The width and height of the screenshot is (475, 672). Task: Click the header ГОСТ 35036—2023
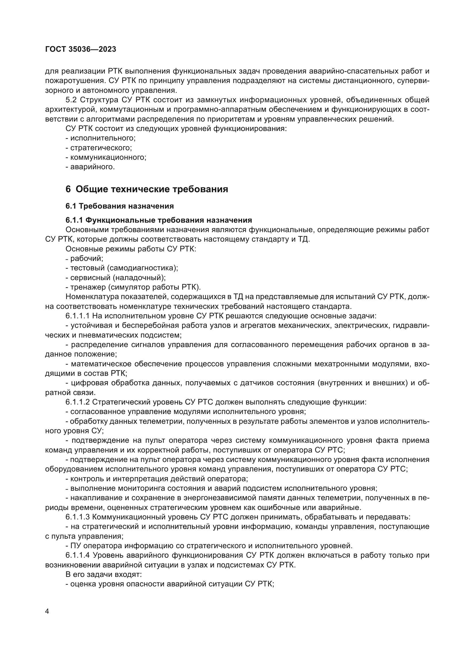point(81,49)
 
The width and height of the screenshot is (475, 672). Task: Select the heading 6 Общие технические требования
point(146,189)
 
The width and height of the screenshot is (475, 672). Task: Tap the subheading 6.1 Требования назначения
point(119,206)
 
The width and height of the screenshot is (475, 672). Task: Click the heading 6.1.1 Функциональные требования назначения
point(159,220)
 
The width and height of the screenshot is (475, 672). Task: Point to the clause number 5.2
point(71,100)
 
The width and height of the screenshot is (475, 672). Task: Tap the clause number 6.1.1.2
point(78,402)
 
